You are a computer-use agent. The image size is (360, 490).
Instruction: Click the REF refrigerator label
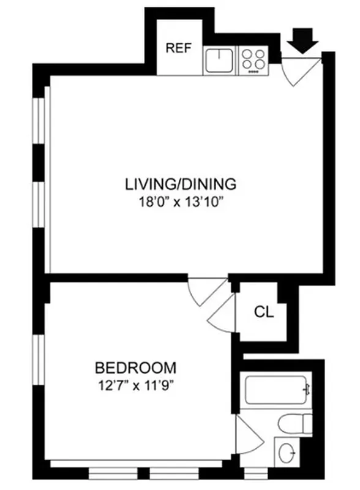point(180,48)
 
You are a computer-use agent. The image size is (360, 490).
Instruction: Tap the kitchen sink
point(220,60)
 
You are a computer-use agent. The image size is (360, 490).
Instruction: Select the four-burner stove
point(253,59)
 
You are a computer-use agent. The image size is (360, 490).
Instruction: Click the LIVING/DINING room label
point(181,183)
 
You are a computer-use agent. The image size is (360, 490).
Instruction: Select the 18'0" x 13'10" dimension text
point(181,201)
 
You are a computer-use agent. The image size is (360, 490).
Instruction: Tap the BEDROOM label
point(135,368)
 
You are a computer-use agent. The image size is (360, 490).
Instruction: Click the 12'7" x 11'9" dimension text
point(136,385)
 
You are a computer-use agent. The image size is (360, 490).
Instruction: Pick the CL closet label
point(264,312)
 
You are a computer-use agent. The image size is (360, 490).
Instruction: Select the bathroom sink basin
point(287,454)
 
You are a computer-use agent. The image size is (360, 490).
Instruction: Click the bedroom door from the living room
point(205,292)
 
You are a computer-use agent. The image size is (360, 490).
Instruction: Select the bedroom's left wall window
point(41,365)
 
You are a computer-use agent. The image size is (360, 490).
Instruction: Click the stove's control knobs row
point(253,72)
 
